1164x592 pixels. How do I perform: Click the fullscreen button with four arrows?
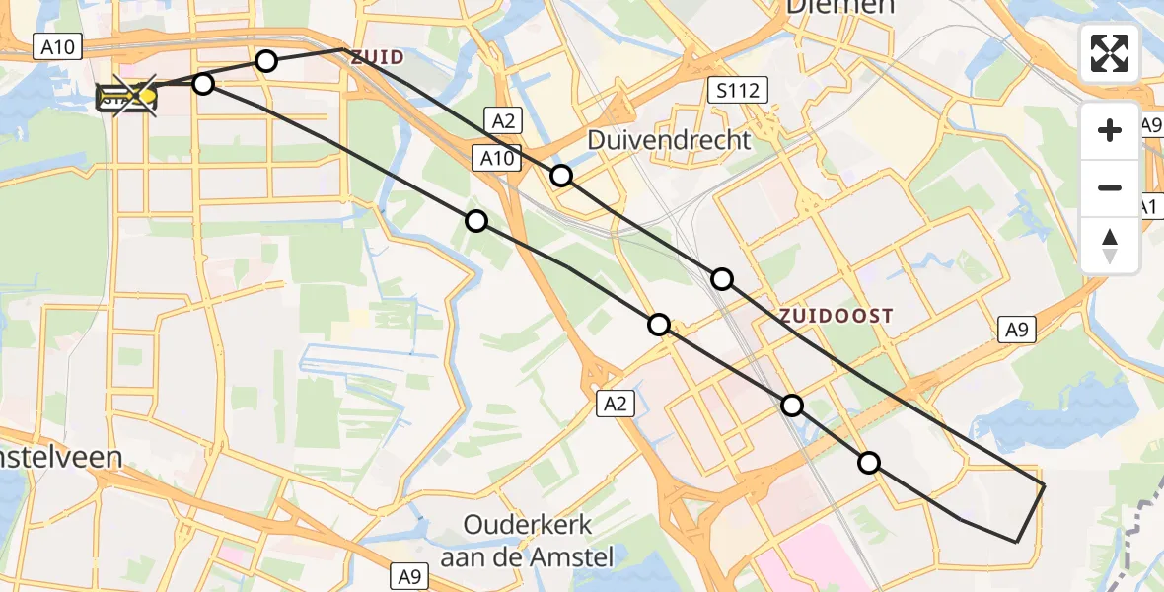pyautogui.click(x=1110, y=53)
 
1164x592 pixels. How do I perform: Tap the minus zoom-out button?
pyautogui.click(x=1110, y=187)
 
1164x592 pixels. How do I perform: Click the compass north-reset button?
pyautogui.click(x=1110, y=245)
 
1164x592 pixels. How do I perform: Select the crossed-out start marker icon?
pyautogui.click(x=126, y=96)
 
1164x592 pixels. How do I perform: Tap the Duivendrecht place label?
pyautogui.click(x=669, y=140)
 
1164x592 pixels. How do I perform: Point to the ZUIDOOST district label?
pyautogui.click(x=836, y=316)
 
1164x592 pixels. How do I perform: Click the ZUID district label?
pyautogui.click(x=377, y=57)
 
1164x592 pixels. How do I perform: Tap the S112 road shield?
pyautogui.click(x=738, y=92)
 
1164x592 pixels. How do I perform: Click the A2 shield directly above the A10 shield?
pyautogui.click(x=502, y=121)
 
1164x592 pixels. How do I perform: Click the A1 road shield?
pyautogui.click(x=1149, y=207)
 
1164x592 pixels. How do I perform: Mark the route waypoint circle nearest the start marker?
pyautogui.click(x=203, y=84)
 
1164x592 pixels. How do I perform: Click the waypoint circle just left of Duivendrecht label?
pyautogui.click(x=560, y=176)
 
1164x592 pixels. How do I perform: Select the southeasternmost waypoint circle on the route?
pyautogui.click(x=868, y=462)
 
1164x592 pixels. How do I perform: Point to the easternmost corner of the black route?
pyautogui.click(x=1044, y=485)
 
